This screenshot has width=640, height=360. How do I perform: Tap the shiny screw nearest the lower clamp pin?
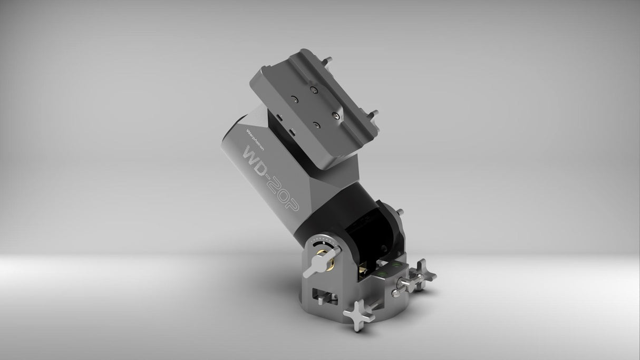336,112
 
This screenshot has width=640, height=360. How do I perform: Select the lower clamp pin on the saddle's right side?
375,113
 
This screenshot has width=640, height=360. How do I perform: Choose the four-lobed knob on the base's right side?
420,271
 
